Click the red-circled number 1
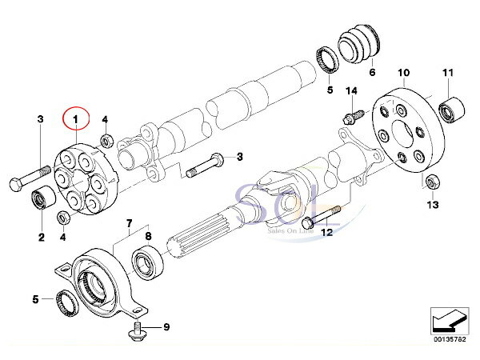[x=78, y=120]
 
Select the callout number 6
[x=371, y=73]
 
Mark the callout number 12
[x=326, y=232]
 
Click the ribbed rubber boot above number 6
[x=361, y=43]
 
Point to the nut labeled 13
[x=432, y=182]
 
